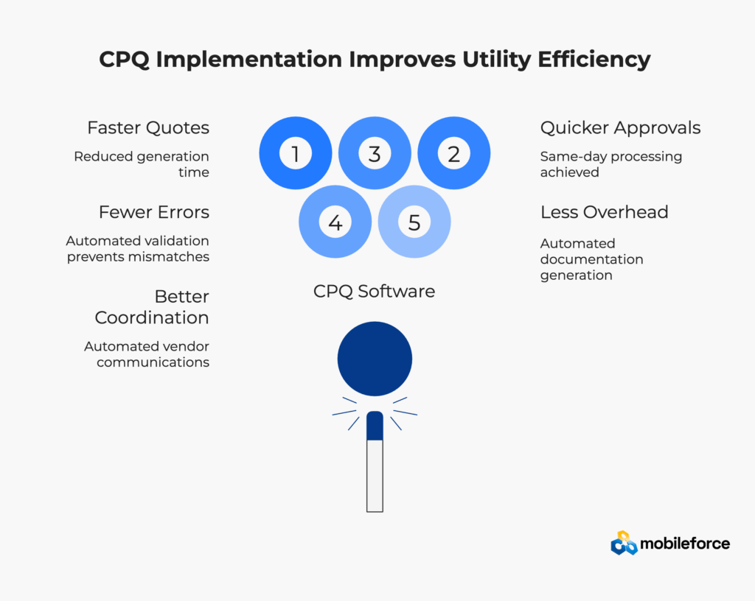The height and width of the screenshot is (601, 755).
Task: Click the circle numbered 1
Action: (296, 153)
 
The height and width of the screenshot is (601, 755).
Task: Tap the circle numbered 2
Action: (453, 153)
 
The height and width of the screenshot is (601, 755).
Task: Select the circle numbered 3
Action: (375, 153)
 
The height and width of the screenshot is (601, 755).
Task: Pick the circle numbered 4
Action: (335, 222)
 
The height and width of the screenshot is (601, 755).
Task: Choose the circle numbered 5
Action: (414, 222)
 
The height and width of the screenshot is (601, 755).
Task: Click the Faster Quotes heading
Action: (148, 128)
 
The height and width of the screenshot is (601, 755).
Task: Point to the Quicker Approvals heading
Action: (620, 128)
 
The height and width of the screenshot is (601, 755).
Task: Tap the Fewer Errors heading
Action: (154, 212)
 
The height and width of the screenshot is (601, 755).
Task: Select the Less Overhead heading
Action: (605, 212)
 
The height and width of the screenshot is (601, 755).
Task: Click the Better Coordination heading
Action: (152, 306)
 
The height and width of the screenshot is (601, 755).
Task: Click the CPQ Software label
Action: (374, 292)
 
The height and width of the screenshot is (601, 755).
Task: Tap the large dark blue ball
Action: (375, 359)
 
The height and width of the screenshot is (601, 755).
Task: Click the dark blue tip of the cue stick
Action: (375, 426)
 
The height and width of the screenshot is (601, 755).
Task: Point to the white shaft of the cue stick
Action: (375, 476)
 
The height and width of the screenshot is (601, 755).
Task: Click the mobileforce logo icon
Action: (624, 543)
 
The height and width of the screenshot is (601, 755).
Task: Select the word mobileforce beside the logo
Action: (685, 544)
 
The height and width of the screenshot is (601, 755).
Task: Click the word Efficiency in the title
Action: (594, 60)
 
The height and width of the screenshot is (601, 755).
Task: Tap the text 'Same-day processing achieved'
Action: (611, 164)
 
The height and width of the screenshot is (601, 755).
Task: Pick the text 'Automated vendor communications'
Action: (147, 354)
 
